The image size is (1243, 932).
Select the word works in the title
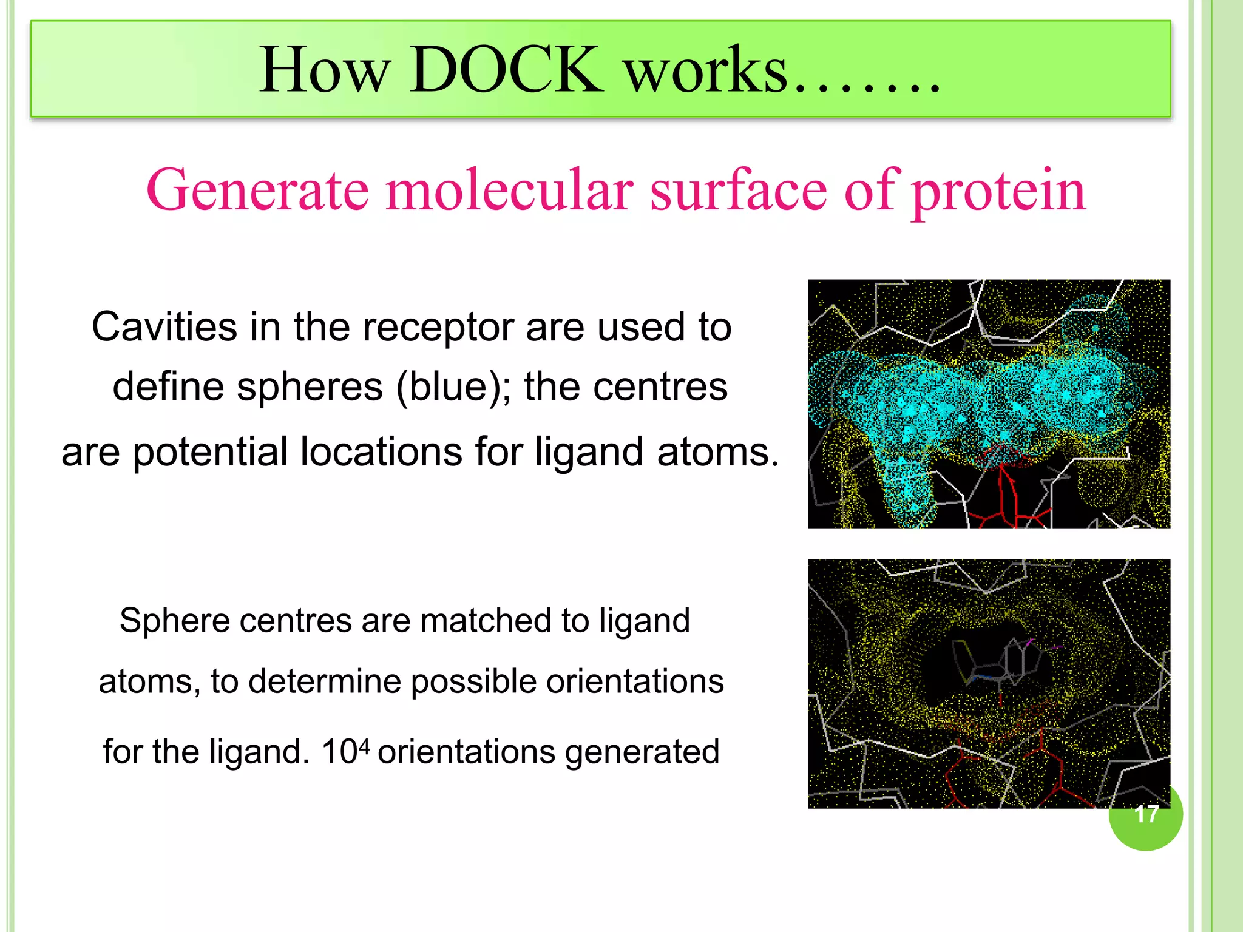(x=706, y=72)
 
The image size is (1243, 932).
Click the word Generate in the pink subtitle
(x=257, y=191)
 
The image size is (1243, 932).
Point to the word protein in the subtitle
(x=999, y=192)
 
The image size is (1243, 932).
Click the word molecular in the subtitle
(x=510, y=191)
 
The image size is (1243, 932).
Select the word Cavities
(x=164, y=327)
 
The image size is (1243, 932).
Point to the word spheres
(x=310, y=387)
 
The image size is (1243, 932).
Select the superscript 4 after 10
(x=364, y=745)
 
